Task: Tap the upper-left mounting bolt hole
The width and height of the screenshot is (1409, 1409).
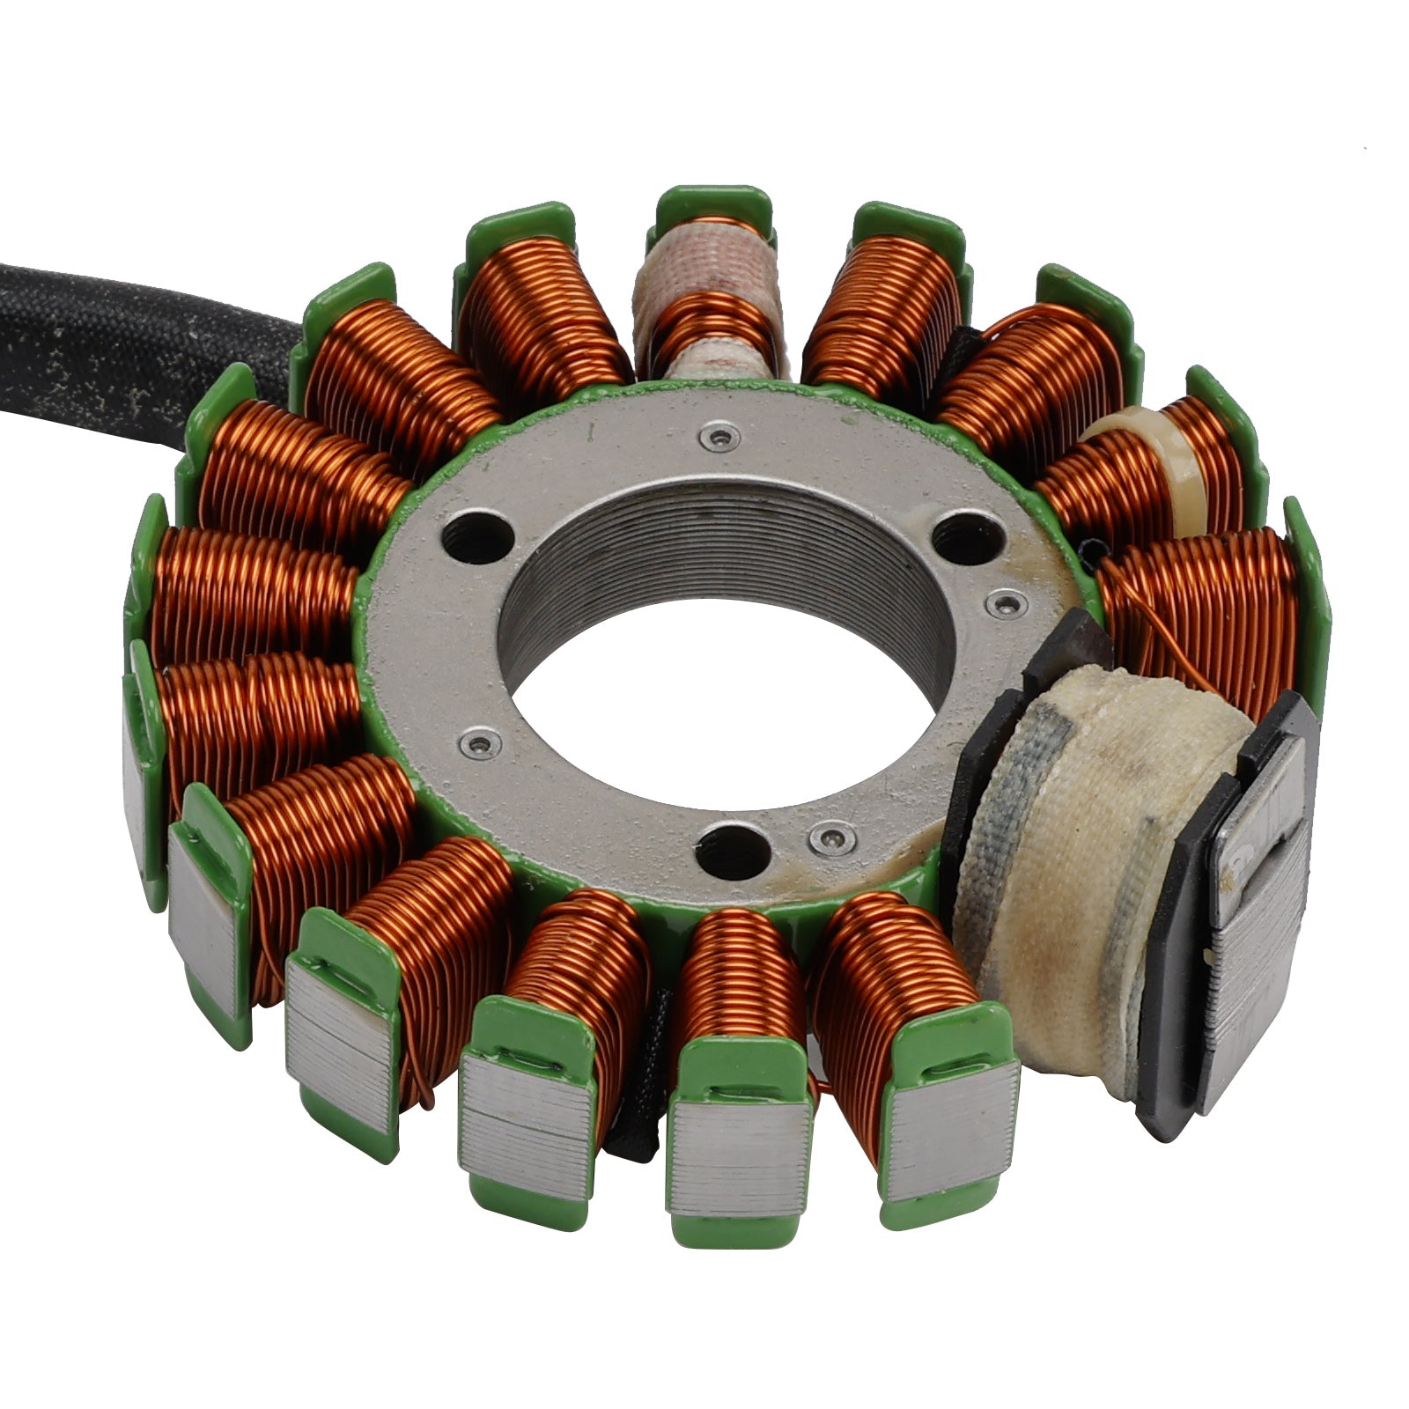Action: point(479,532)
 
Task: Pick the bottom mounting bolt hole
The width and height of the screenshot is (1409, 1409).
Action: point(728,850)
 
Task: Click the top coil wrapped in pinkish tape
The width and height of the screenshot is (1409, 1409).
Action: point(704,291)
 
